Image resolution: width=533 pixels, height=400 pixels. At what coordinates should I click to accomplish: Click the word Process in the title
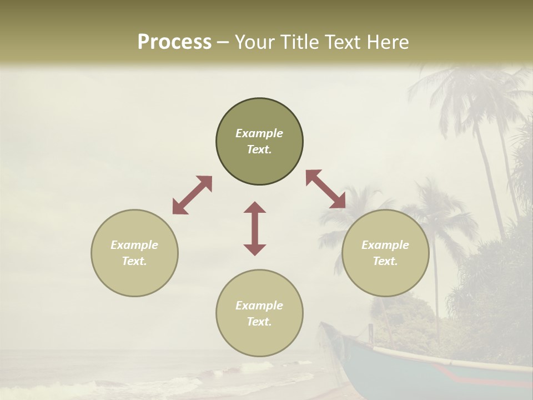click(174, 42)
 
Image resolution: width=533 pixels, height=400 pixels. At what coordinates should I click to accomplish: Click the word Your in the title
click(254, 42)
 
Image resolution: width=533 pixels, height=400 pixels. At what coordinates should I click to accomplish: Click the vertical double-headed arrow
click(255, 228)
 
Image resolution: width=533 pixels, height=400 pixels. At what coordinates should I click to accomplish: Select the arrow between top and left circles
click(192, 195)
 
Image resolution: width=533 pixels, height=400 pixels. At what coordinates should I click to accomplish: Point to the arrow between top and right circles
click(326, 189)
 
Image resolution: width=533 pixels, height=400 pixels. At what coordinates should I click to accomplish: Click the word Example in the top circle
click(259, 133)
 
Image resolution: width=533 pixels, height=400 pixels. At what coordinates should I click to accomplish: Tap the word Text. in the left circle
click(134, 261)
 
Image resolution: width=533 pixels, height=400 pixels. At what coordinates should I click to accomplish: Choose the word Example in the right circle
click(385, 245)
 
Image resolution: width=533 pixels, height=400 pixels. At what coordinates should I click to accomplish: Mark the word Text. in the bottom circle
click(259, 322)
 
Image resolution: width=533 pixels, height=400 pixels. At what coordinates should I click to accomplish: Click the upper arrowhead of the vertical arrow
click(255, 207)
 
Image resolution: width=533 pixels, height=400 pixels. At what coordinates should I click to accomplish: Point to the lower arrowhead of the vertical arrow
click(255, 249)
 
